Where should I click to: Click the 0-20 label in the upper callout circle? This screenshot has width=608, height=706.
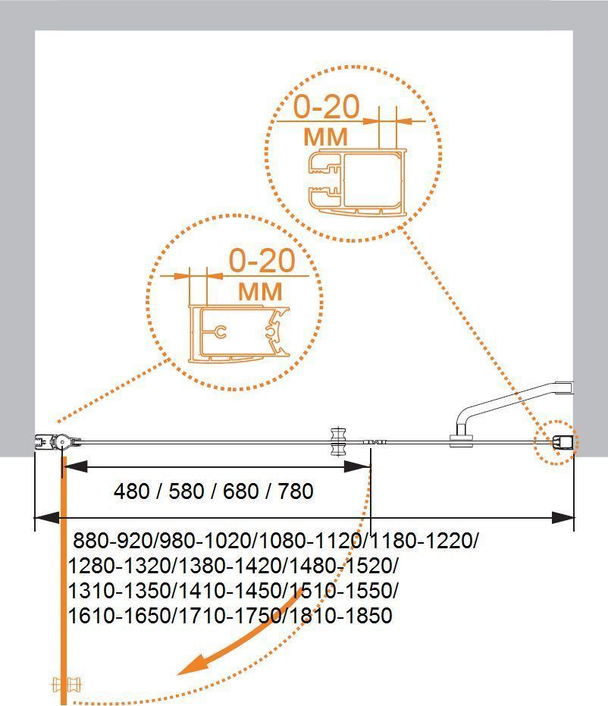tap(327, 107)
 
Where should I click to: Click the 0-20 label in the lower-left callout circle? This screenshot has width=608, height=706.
tap(262, 260)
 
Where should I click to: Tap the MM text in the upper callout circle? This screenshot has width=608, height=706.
tap(326, 136)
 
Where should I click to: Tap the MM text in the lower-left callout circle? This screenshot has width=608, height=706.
tap(260, 292)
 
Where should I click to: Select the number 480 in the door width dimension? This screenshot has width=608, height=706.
tap(131, 491)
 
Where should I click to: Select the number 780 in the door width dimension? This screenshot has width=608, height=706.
tap(296, 491)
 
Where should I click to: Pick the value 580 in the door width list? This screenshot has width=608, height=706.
tap(186, 491)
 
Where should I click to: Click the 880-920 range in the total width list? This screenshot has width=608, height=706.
tap(114, 540)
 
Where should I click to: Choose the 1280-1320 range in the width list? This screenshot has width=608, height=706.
tap(119, 566)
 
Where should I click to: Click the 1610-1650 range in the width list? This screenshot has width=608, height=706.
tap(119, 616)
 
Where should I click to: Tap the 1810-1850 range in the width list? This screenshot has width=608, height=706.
tap(340, 616)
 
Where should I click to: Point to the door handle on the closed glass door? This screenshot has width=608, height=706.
tap(337, 441)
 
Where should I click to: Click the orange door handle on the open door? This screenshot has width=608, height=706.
tap(67, 685)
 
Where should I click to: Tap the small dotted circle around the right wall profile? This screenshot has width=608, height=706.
tap(556, 443)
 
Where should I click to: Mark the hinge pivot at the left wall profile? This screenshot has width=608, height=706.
tap(62, 442)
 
